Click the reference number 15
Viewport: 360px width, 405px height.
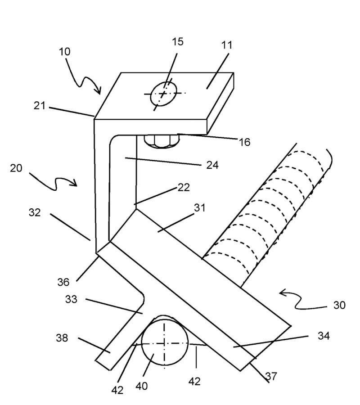coord(178,42)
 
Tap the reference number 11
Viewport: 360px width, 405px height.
coord(227,45)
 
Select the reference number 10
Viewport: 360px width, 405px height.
coord(64,51)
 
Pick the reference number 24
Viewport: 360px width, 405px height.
coord(212,165)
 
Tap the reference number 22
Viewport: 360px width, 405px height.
coord(184,187)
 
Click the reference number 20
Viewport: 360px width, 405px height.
coord(16,168)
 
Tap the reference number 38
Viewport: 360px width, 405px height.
coord(62,338)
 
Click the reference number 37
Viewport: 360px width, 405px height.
coord(271,377)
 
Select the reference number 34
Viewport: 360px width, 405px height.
coord(323,336)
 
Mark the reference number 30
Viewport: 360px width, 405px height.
coord(339,306)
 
